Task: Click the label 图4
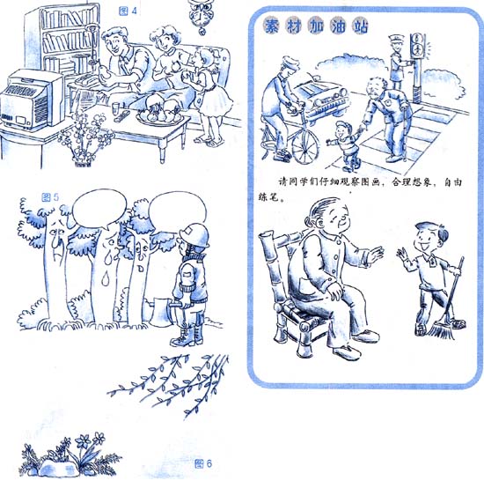[128, 11]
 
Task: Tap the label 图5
[50, 197]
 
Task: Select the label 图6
[203, 463]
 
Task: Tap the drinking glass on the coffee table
[115, 108]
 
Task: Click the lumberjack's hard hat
[194, 234]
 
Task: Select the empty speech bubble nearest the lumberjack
[177, 211]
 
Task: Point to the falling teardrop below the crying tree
[106, 278]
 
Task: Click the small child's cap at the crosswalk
[343, 125]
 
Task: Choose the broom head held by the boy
[442, 330]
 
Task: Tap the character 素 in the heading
[271, 26]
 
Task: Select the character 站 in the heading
[360, 26]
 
